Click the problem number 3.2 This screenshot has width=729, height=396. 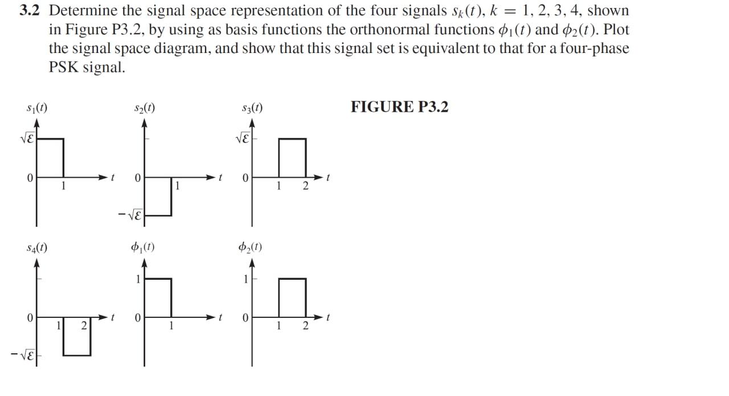pyautogui.click(x=32, y=11)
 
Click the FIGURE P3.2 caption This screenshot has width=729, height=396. pyautogui.click(x=399, y=107)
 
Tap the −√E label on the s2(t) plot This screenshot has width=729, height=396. pyautogui.click(x=130, y=216)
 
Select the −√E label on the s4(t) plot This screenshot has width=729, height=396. pyautogui.click(x=23, y=356)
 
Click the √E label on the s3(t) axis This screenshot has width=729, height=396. pyautogui.click(x=243, y=138)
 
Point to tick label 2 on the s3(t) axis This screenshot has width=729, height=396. pyautogui.click(x=305, y=186)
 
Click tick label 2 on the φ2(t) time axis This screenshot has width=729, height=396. pyautogui.click(x=305, y=326)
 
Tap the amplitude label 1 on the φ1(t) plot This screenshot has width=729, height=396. pyautogui.click(x=137, y=279)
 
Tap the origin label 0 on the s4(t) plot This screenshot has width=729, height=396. pyautogui.click(x=29, y=317)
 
